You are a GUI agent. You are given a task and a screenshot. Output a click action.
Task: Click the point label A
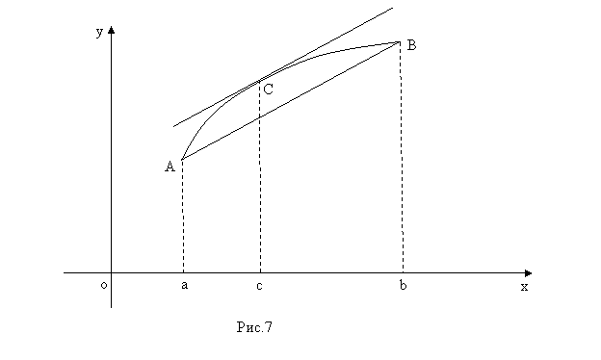(x=170, y=167)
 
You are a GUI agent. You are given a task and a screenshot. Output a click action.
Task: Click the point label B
(x=411, y=45)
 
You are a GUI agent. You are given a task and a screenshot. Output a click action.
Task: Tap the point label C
(x=269, y=90)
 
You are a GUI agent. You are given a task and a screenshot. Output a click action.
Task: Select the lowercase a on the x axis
(x=184, y=285)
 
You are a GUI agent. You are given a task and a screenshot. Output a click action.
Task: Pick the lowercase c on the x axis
(x=259, y=286)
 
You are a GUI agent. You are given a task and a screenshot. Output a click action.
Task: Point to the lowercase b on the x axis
(x=403, y=285)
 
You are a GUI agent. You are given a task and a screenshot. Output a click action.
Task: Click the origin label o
(x=103, y=285)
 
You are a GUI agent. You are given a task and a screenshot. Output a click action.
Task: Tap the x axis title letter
(x=524, y=287)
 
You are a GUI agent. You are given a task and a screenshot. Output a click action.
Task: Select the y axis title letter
(x=99, y=32)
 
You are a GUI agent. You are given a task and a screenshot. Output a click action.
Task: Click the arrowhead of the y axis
(x=111, y=30)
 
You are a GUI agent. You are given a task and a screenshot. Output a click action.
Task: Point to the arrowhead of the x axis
(x=528, y=273)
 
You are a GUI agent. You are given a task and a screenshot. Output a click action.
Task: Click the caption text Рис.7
(x=254, y=327)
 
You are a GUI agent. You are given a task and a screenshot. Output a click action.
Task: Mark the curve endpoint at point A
(x=182, y=160)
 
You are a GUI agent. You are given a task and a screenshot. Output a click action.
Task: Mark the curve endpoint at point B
(x=400, y=42)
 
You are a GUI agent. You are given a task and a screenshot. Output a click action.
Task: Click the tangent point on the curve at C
(x=259, y=81)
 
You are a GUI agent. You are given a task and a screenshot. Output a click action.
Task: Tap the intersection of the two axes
(x=111, y=273)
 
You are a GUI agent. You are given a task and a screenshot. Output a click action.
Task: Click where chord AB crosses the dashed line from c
(x=260, y=117)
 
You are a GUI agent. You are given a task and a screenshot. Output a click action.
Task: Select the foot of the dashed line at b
(x=403, y=273)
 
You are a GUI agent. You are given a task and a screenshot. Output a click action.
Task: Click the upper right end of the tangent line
(x=393, y=8)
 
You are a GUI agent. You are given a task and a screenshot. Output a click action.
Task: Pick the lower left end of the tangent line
(x=173, y=126)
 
